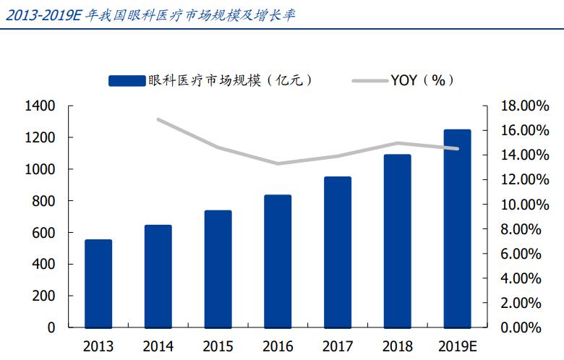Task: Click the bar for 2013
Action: (98, 283)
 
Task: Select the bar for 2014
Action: (158, 276)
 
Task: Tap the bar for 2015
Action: (218, 269)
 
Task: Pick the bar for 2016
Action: (278, 261)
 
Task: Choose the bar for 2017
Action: (338, 252)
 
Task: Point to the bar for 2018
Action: (397, 241)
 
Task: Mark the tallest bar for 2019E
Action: (457, 228)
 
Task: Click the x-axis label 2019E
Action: (457, 346)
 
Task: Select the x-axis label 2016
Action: (278, 346)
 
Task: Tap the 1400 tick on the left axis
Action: (40, 106)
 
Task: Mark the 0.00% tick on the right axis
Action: (523, 327)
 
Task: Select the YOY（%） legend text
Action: (423, 80)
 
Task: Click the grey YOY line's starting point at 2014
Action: (158, 119)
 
